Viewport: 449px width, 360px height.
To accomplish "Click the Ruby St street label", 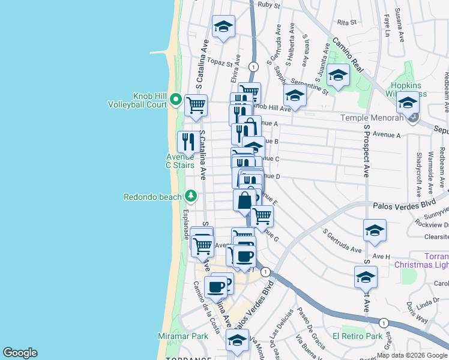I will coord(269,5).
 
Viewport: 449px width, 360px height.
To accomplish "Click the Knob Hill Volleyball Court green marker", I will coord(176,99).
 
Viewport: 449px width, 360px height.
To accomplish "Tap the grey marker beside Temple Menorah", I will coord(414,118).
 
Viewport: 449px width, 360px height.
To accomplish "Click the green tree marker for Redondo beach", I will coord(191,196).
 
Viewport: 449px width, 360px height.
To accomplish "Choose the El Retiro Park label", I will coord(358,337).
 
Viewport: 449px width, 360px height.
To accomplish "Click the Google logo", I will coord(20,353).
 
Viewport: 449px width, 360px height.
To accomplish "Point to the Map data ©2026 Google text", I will coord(412,355).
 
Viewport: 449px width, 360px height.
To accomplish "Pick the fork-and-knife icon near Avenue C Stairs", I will coord(189,142).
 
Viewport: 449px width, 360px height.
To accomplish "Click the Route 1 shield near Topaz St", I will coord(254,66).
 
